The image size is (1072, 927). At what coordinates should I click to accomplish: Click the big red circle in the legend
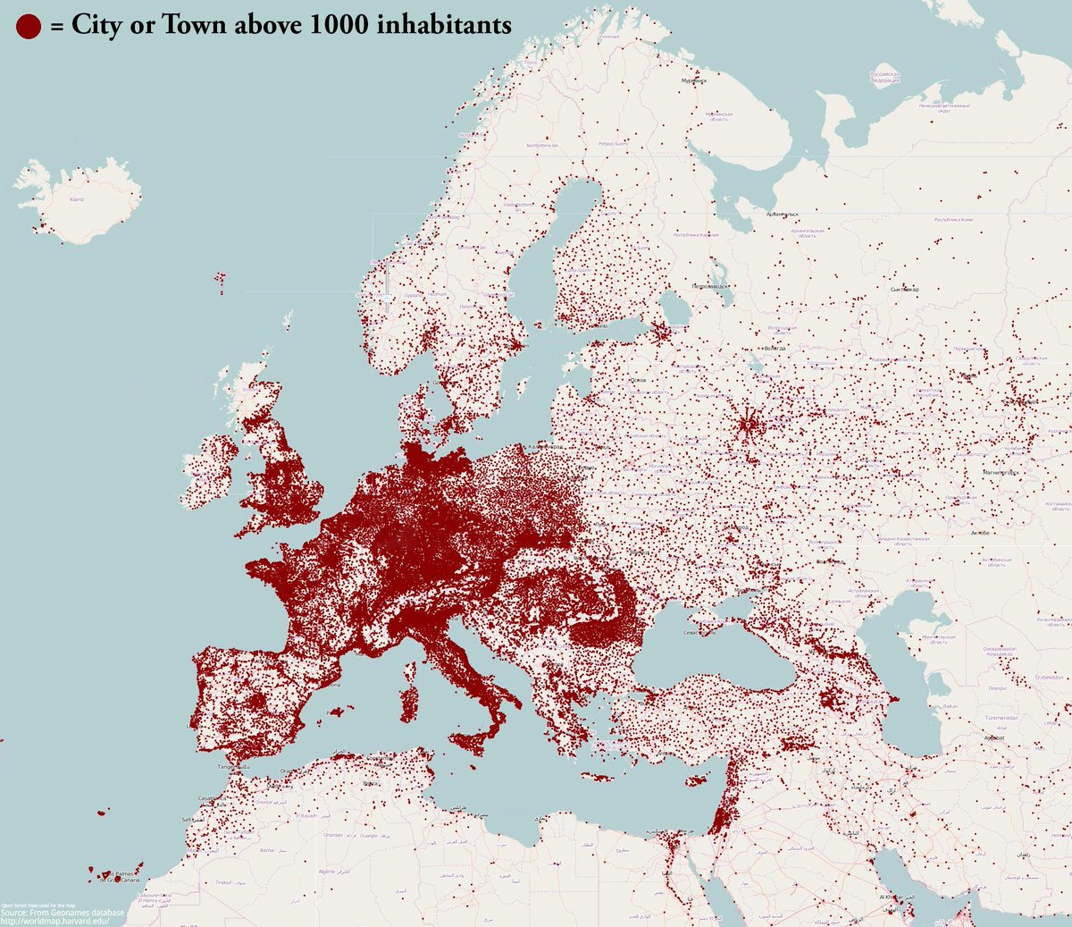pyautogui.click(x=29, y=26)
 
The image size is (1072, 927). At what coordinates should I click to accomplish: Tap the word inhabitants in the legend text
pyautogui.click(x=443, y=25)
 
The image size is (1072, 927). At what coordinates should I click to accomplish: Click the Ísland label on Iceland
pyautogui.click(x=77, y=199)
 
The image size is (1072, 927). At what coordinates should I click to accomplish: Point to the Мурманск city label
pyautogui.click(x=693, y=80)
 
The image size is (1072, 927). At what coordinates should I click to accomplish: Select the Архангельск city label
pyautogui.click(x=782, y=215)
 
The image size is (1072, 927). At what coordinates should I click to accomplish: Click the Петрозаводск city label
pyautogui.click(x=711, y=286)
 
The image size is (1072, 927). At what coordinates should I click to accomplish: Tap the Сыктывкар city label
pyautogui.click(x=905, y=290)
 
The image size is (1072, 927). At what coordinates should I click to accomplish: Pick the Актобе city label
pyautogui.click(x=979, y=532)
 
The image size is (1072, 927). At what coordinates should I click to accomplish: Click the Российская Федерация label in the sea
pyautogui.click(x=884, y=77)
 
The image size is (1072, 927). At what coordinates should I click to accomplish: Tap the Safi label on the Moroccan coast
pyautogui.click(x=188, y=820)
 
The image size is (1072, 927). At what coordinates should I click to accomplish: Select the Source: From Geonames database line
pyautogui.click(x=63, y=913)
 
